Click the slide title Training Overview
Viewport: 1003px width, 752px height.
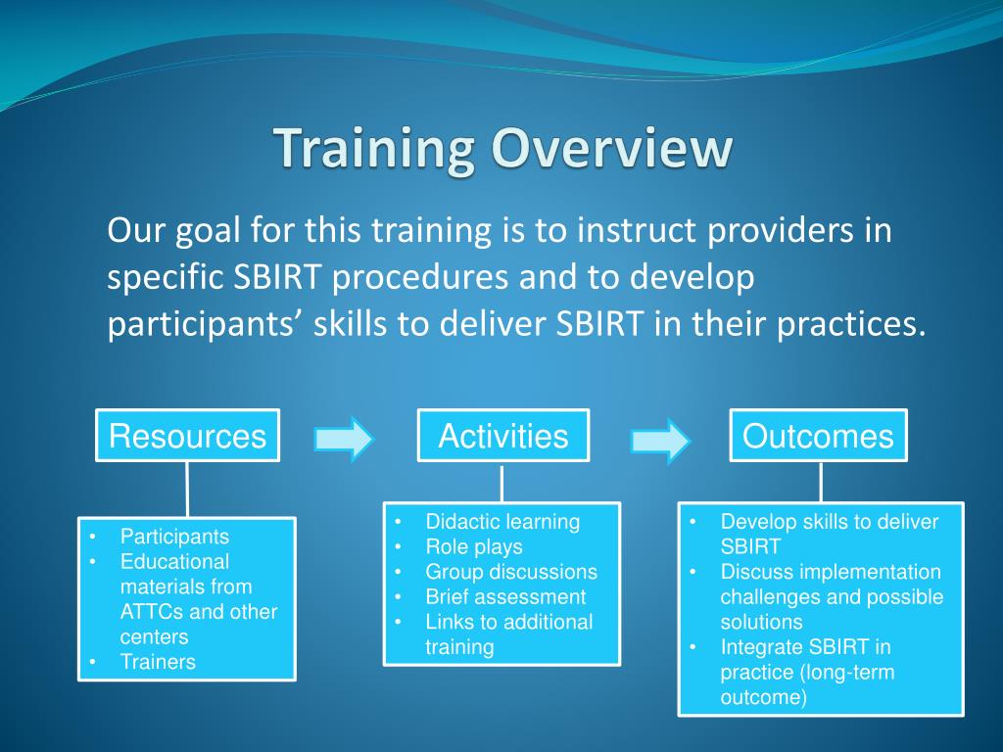[x=502, y=149]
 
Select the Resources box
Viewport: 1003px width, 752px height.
[x=187, y=436]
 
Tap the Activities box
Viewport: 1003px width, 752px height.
[x=502, y=436]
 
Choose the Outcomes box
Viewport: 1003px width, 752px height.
[x=818, y=436]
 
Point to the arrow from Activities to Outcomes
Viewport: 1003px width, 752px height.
[x=660, y=440]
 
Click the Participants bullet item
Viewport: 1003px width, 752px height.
[x=174, y=537]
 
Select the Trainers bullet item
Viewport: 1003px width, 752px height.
[x=158, y=662]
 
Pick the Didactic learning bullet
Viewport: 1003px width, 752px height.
[x=502, y=522]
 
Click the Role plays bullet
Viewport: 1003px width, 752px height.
[x=474, y=547]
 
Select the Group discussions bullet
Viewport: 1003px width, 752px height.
[x=510, y=572]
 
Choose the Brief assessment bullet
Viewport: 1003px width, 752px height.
[x=505, y=597]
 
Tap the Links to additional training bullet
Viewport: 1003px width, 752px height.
[x=508, y=634]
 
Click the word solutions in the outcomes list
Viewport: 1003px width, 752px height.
[x=761, y=622]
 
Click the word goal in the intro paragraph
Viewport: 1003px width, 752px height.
[x=201, y=232]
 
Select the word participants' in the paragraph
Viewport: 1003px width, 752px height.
[x=205, y=324]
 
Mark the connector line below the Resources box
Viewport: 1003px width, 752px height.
[x=187, y=489]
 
